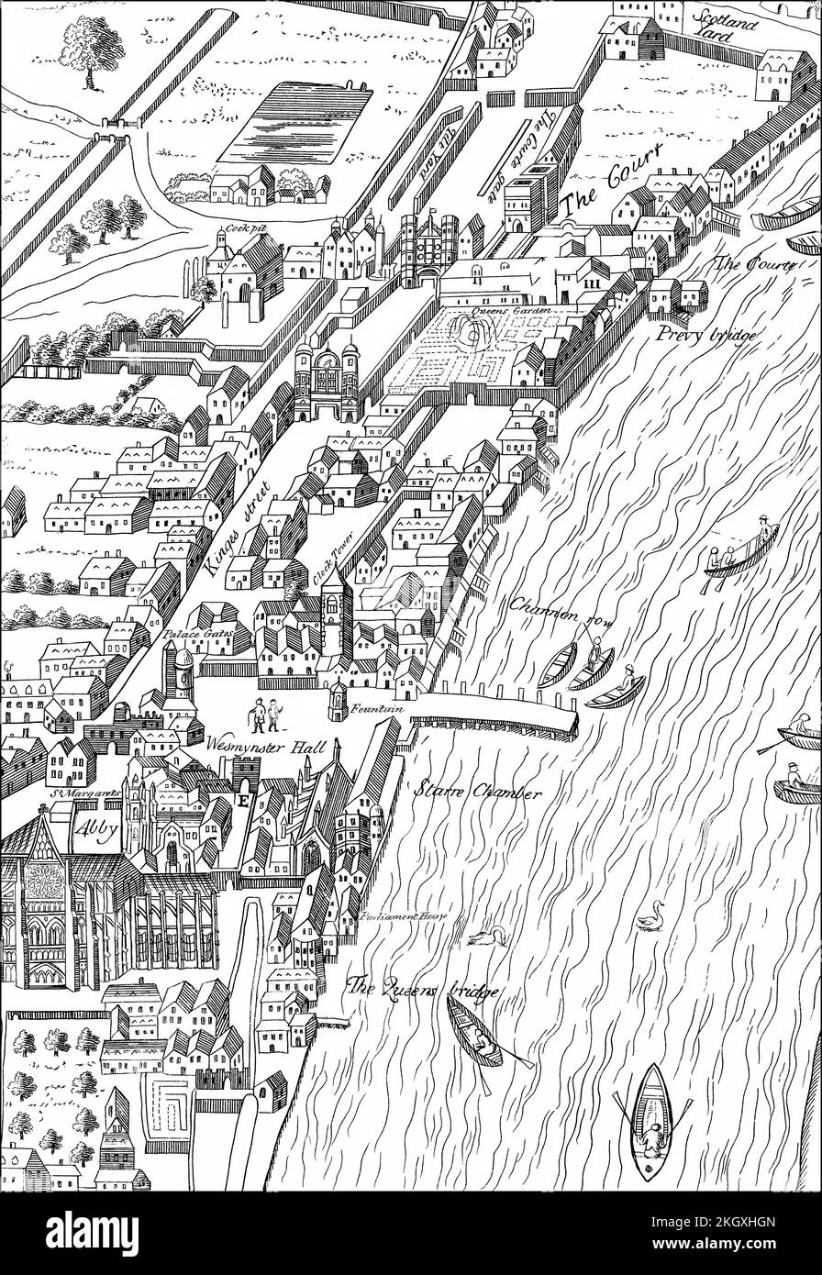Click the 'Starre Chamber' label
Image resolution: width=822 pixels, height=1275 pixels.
(x=476, y=791)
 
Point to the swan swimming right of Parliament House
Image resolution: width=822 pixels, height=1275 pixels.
(x=651, y=915)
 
